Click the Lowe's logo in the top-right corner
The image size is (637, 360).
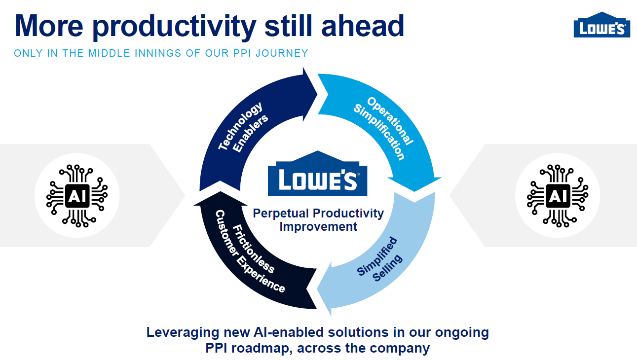click(602, 25)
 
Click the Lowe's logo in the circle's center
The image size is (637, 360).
click(318, 173)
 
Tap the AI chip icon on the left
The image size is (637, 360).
click(77, 196)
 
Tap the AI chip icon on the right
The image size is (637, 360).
click(558, 196)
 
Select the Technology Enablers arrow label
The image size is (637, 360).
click(243, 127)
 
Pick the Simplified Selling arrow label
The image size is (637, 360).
click(379, 259)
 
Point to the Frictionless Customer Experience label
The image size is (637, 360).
click(250, 252)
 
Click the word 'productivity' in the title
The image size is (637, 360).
click(174, 27)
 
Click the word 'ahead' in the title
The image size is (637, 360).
click(363, 26)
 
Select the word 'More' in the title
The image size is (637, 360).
click(49, 26)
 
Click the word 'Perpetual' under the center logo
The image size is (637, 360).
click(281, 214)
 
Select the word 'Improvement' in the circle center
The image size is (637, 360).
click(318, 227)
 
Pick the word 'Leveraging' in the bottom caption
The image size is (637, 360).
click(183, 333)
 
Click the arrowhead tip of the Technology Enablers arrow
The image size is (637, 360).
click(317, 94)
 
